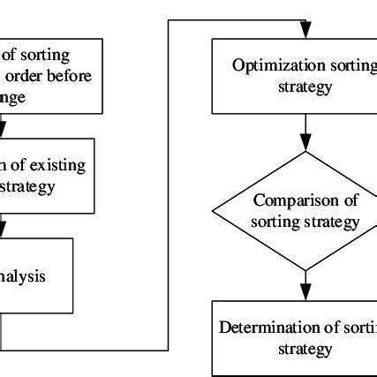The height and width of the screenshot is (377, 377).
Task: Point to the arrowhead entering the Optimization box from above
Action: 305,33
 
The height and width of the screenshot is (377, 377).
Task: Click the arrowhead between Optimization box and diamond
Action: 305,143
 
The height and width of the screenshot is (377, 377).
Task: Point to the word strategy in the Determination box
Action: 305,350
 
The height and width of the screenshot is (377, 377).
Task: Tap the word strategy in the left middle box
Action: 31,185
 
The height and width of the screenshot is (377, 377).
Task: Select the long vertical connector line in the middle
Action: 169,185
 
